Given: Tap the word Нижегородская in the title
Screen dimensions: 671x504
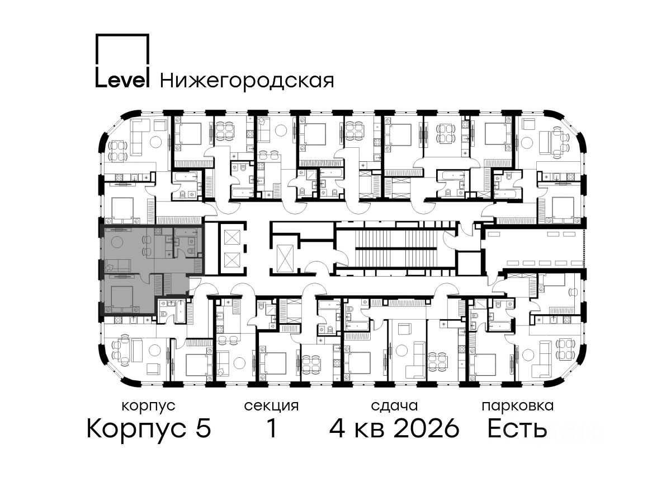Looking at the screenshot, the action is tap(247, 81).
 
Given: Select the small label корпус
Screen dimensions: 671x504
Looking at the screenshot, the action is tap(149, 406).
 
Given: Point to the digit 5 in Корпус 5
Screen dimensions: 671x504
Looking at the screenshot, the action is tap(204, 428).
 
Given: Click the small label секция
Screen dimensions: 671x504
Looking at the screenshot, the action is tap(271, 406).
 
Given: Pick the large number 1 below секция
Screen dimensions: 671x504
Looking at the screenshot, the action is tap(271, 428).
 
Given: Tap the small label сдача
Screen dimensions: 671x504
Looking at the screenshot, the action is tap(394, 406).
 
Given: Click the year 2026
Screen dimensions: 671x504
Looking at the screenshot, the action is tap(427, 428).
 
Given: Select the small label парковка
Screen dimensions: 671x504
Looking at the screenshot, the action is tap(518, 406).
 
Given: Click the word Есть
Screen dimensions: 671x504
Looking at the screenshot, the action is tap(517, 428).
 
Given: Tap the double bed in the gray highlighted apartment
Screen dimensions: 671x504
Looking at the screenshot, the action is tap(122, 298).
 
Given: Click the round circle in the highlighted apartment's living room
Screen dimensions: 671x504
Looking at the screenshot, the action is tap(117, 242).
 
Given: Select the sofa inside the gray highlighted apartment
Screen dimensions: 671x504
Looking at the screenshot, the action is tap(118, 265).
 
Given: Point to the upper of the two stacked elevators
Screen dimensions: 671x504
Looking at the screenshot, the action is tap(232, 237).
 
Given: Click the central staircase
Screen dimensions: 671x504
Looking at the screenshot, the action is tap(396, 249).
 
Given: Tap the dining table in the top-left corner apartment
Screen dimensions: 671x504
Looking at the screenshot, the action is tap(118, 151).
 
